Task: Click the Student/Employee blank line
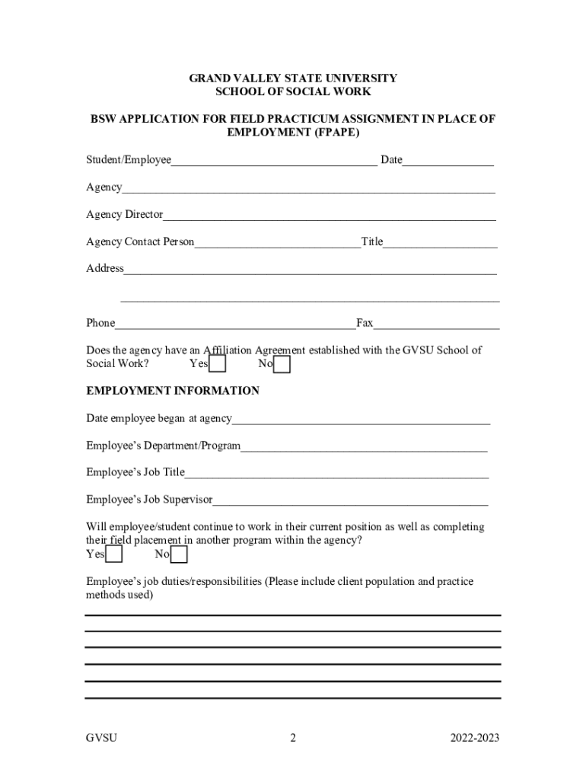click(274, 161)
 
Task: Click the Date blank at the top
click(448, 161)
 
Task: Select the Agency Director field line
click(330, 216)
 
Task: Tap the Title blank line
click(441, 243)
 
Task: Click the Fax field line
click(436, 324)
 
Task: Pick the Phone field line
click(235, 324)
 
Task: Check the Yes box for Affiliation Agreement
click(218, 366)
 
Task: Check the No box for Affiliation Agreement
click(282, 366)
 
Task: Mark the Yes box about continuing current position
click(114, 555)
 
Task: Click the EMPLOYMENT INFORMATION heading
click(173, 391)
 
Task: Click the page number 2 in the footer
click(293, 738)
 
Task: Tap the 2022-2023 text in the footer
click(475, 738)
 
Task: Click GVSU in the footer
click(101, 738)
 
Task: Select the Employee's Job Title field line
click(336, 474)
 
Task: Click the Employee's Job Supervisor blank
click(351, 501)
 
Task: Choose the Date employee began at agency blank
click(361, 420)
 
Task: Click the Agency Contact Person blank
click(278, 243)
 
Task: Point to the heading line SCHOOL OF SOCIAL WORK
click(293, 91)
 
